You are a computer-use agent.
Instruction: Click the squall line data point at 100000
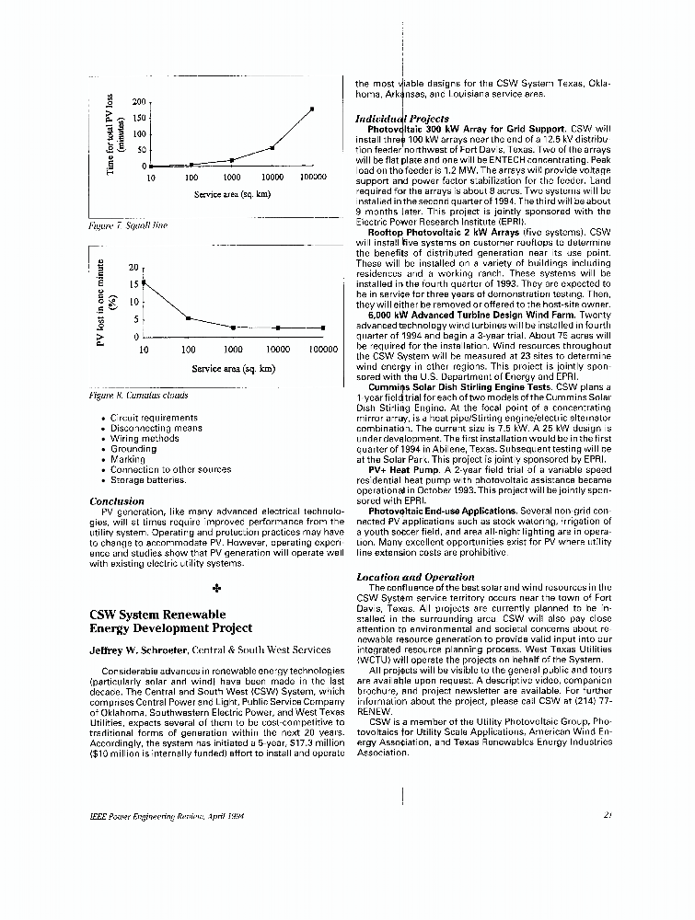[313, 109]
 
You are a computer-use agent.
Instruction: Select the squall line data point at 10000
[272, 147]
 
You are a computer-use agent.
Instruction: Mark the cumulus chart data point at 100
[188, 318]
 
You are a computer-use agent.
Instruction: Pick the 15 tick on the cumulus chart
[133, 284]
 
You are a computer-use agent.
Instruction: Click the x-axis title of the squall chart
[233, 195]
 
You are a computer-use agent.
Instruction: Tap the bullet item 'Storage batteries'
[148, 479]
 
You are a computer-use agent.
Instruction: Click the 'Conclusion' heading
[117, 501]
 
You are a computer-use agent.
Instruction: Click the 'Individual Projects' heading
[401, 119]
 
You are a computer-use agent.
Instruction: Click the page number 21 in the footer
[609, 815]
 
